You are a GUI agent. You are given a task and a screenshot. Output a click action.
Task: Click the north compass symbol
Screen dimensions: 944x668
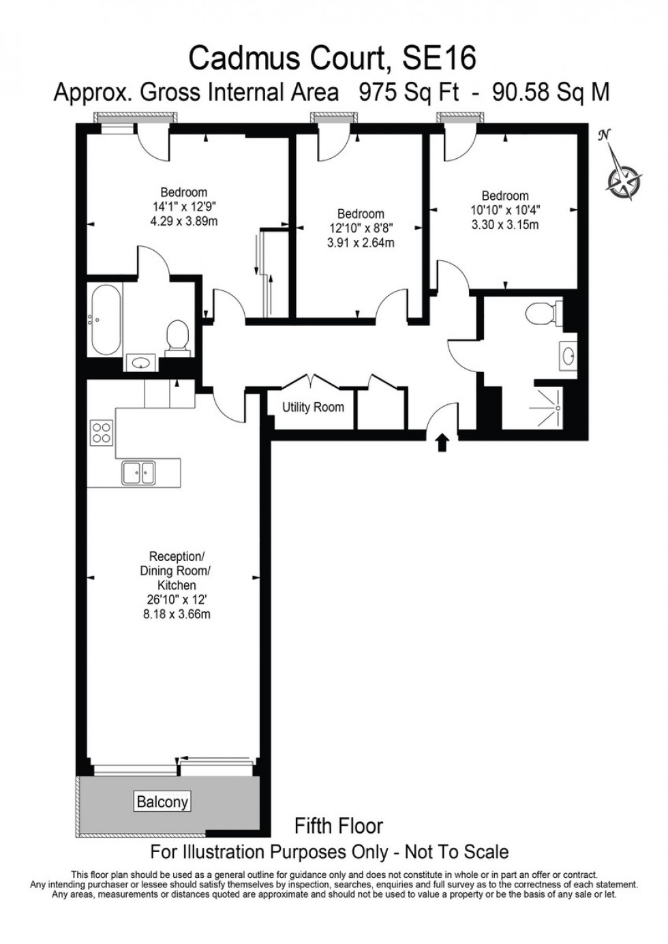coord(623,176)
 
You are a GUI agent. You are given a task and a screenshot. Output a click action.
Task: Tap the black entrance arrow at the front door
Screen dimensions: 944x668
coord(442,443)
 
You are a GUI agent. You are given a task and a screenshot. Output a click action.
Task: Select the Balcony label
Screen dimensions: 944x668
coord(162,802)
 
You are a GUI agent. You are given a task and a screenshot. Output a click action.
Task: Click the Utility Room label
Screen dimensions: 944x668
coord(313,408)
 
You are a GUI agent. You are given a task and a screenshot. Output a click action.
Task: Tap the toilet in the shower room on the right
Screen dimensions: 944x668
coord(543,314)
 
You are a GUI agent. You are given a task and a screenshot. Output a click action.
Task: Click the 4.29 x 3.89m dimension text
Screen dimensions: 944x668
coord(184,221)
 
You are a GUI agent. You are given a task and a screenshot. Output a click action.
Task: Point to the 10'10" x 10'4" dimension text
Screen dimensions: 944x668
coord(505,210)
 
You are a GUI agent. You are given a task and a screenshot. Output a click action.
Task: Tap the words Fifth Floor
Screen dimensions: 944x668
coord(338,826)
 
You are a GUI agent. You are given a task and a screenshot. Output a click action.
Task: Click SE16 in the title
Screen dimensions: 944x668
coord(438,59)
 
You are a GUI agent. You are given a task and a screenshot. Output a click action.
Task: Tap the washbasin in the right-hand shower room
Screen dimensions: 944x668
coord(568,355)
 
